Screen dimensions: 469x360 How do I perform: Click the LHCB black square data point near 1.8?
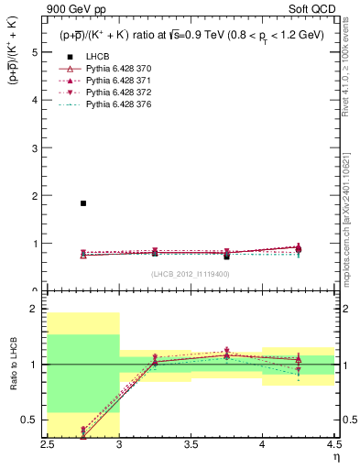[x=83, y=203]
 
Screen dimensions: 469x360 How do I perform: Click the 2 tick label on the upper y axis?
[x=36, y=196]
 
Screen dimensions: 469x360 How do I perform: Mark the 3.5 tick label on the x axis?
[x=191, y=443]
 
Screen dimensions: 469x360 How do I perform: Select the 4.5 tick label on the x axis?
[x=333, y=443]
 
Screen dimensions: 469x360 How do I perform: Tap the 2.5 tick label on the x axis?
[x=48, y=443]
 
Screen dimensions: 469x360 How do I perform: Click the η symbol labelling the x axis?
[x=336, y=456]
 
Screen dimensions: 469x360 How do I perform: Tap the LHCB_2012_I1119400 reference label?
[x=190, y=275]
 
